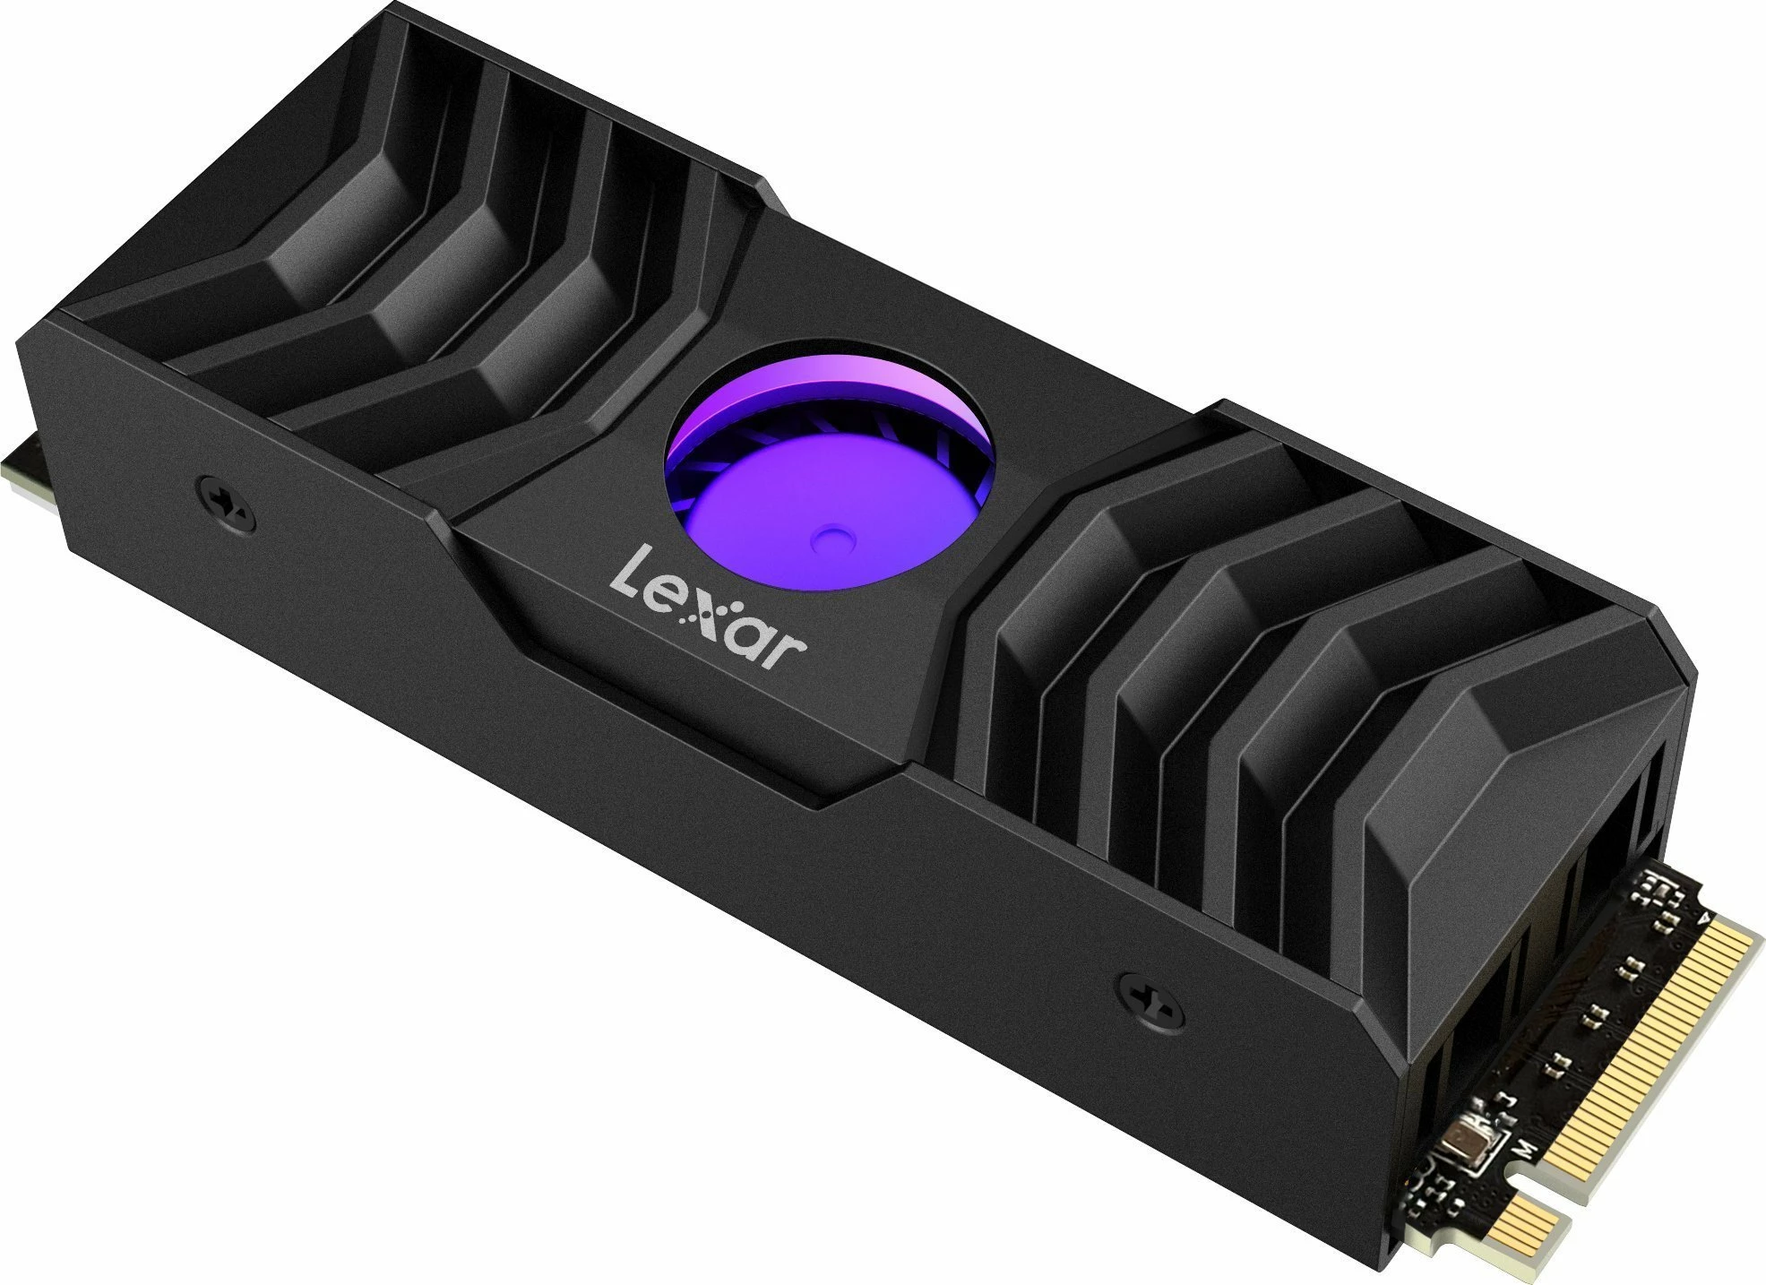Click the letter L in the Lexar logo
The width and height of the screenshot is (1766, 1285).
(629, 575)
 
